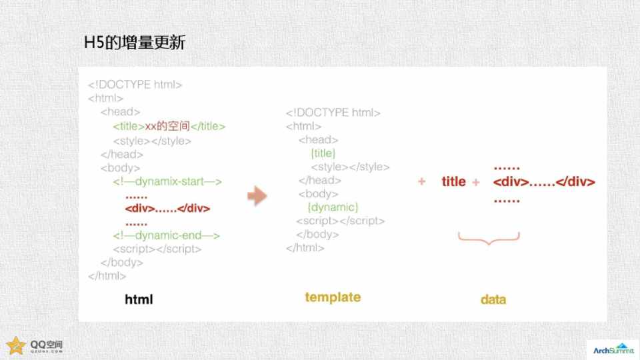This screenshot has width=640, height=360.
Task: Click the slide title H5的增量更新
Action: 135,43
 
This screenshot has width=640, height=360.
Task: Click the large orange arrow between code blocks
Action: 257,196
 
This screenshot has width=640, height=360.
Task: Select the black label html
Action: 139,299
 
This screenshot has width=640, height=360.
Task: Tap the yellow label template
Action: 333,297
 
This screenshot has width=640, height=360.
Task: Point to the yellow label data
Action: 493,299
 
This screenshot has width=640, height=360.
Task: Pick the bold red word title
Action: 453,181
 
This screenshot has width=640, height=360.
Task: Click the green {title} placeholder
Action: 323,153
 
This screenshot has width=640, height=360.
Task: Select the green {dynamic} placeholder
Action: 333,207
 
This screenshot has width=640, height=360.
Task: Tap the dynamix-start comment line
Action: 167,181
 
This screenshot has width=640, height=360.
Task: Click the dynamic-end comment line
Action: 167,235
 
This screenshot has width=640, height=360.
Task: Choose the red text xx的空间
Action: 167,126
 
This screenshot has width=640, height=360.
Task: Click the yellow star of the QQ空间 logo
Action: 16,346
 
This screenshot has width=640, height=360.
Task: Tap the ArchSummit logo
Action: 613,349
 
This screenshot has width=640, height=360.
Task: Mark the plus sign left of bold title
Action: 421,181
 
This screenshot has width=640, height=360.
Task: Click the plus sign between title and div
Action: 475,182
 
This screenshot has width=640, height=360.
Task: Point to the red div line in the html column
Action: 167,209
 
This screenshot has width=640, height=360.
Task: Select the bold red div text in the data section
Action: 544,181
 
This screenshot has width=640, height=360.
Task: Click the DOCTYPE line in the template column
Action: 333,113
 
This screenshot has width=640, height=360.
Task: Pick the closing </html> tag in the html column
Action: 107,276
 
